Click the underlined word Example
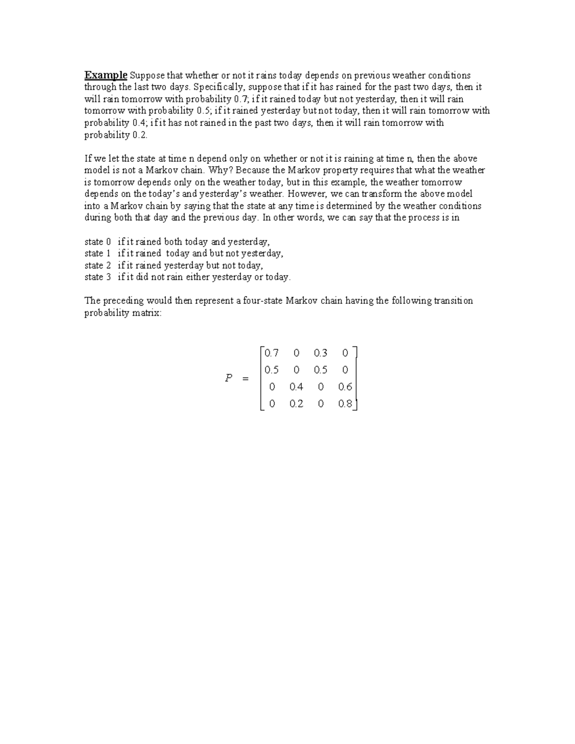click(x=106, y=75)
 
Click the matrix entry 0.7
click(x=271, y=353)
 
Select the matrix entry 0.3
click(x=321, y=353)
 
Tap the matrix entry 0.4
click(x=297, y=387)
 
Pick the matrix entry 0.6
click(x=345, y=387)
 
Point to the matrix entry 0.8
click(x=345, y=403)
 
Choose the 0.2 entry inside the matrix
click(x=297, y=403)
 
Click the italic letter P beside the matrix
click(x=229, y=378)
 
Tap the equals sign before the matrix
click(x=246, y=379)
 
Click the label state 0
click(x=97, y=242)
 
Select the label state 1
click(x=97, y=253)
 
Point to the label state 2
click(x=97, y=265)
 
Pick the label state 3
click(x=97, y=277)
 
